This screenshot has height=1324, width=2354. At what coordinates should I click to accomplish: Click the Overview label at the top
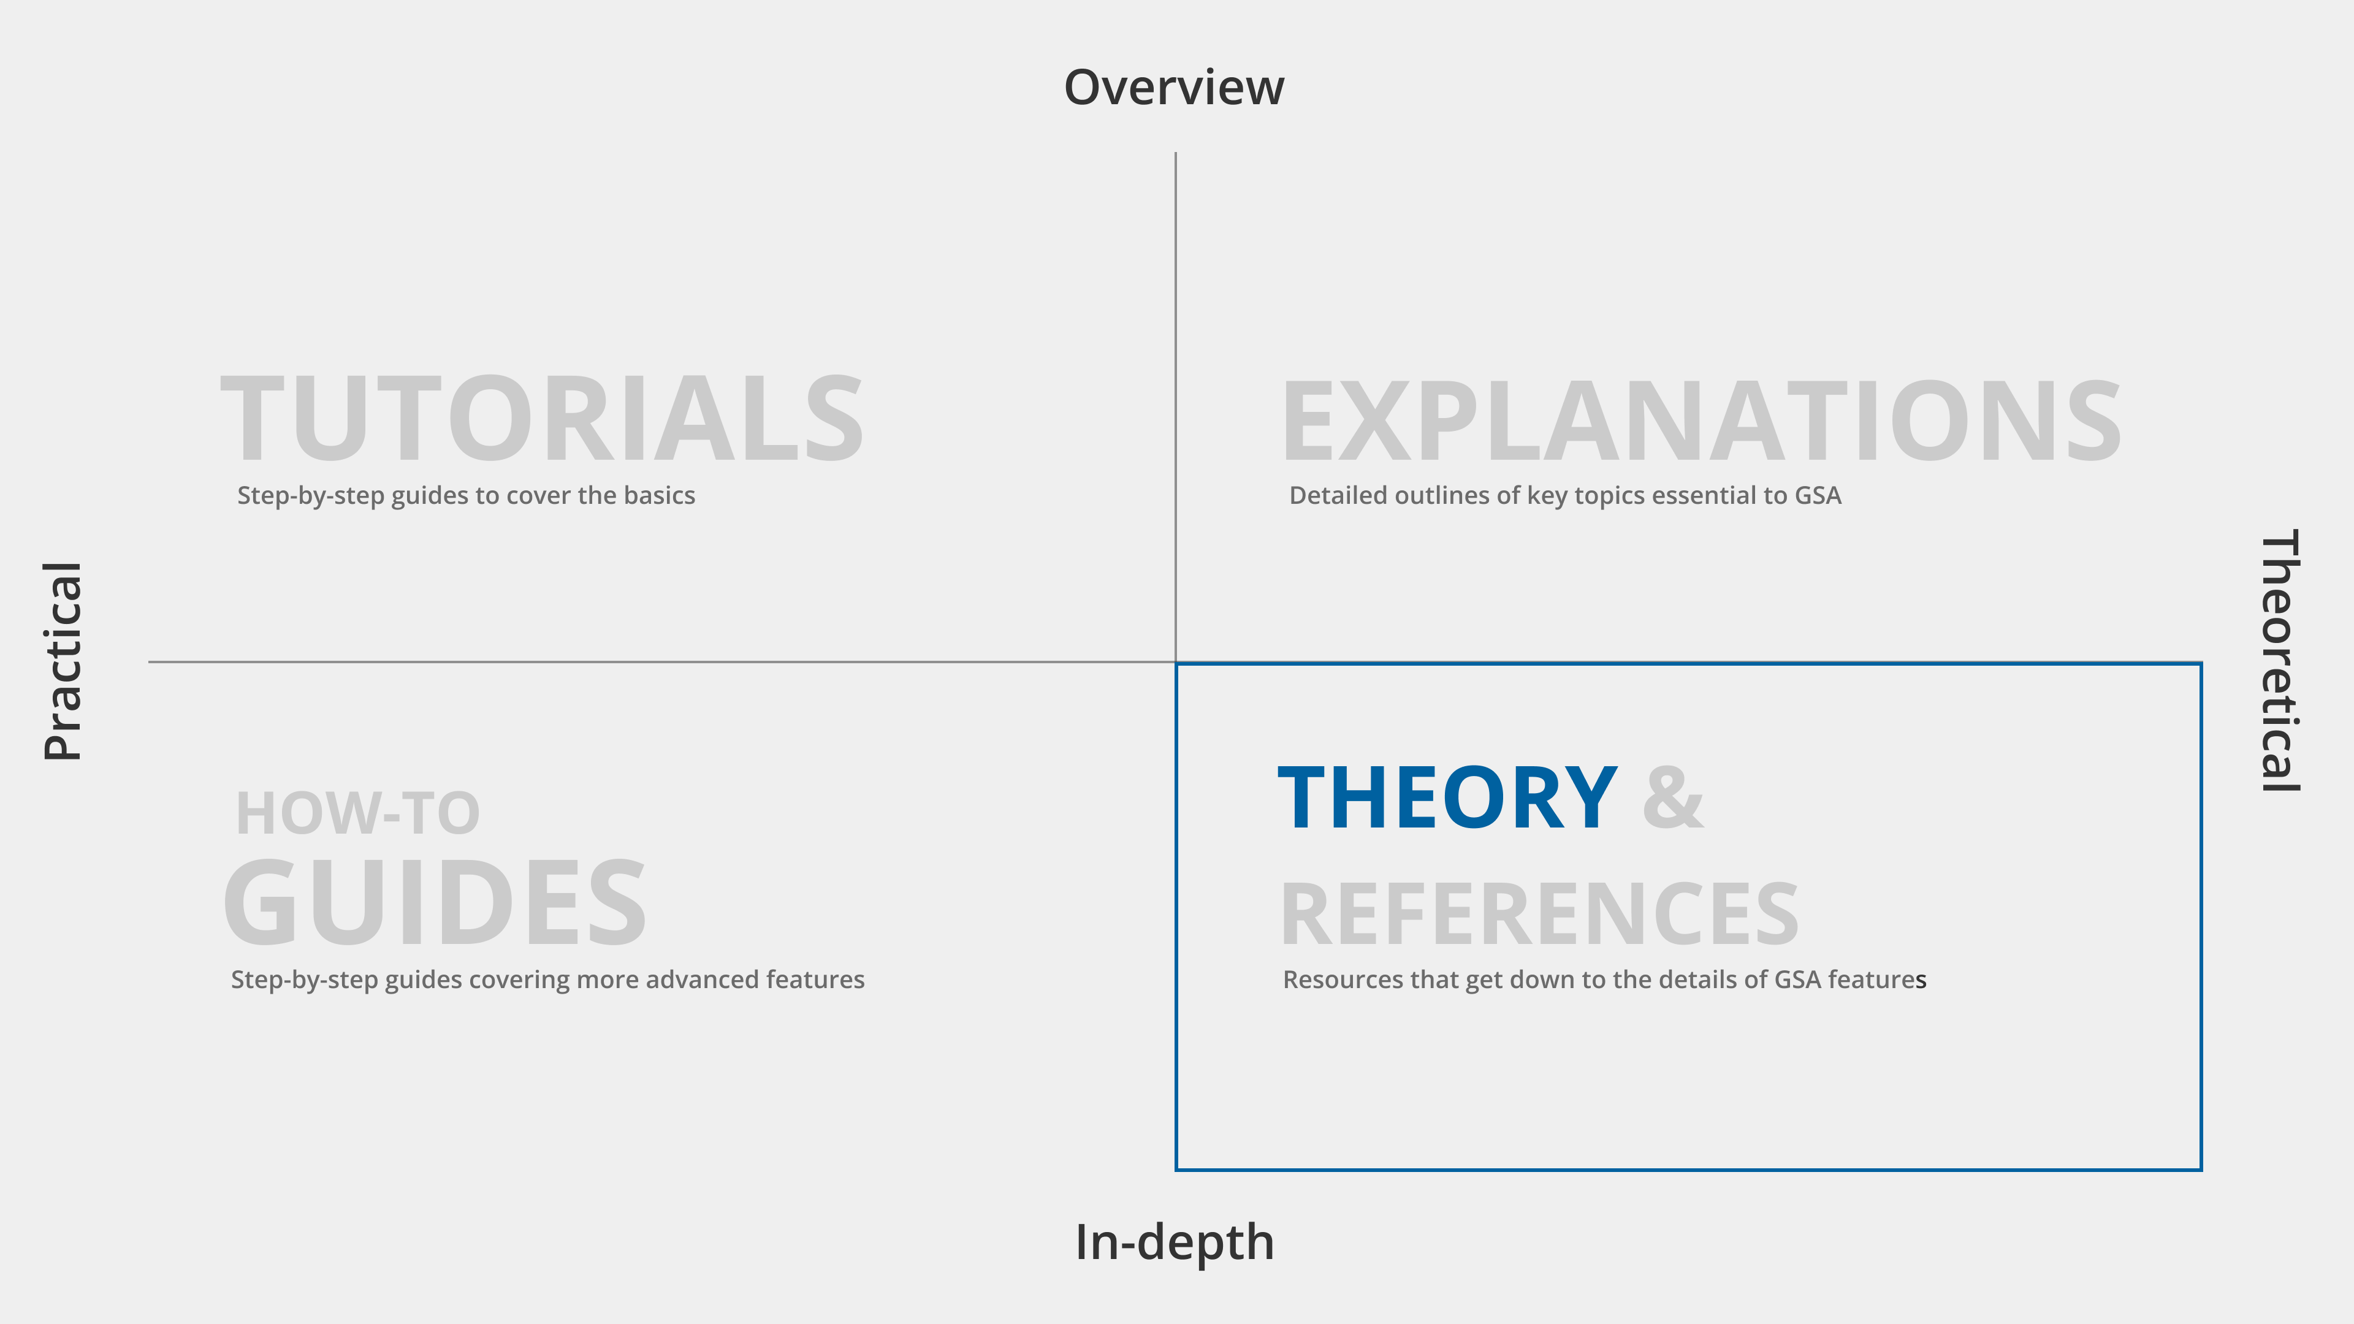pos(1175,88)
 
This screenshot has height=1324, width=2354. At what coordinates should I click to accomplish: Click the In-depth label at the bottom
pos(1175,1242)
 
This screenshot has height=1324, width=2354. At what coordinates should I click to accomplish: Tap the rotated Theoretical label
pos(2279,661)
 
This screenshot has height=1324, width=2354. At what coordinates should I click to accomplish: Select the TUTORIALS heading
pos(542,419)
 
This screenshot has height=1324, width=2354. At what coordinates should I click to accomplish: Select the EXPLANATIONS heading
pos(1701,421)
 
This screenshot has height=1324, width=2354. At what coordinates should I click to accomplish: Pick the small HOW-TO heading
pos(357,813)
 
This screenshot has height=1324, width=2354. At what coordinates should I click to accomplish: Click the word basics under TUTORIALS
pos(660,495)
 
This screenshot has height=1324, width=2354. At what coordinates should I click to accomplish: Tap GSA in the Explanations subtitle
pos(1818,495)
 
